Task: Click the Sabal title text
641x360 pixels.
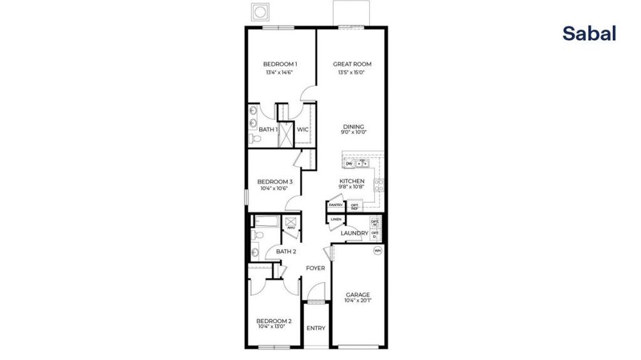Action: (588, 34)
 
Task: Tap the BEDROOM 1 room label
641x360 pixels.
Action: (280, 64)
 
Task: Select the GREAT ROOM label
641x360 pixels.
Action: (352, 64)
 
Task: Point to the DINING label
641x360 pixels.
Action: (353, 126)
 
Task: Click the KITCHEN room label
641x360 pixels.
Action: (351, 181)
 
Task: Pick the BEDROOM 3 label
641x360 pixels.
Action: (275, 182)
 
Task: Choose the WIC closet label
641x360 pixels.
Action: (303, 130)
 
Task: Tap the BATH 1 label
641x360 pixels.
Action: (269, 130)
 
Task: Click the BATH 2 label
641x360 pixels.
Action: (286, 252)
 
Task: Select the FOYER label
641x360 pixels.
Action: (315, 268)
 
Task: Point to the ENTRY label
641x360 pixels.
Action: (315, 328)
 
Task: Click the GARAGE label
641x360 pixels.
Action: (358, 294)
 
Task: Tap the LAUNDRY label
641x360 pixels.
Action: (354, 234)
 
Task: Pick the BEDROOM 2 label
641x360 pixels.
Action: (275, 320)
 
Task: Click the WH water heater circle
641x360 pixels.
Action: (377, 251)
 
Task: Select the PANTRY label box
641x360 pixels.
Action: (336, 205)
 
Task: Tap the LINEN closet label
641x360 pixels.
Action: (336, 219)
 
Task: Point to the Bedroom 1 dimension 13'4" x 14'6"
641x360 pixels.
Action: (279, 73)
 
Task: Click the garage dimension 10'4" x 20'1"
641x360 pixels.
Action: (358, 301)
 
